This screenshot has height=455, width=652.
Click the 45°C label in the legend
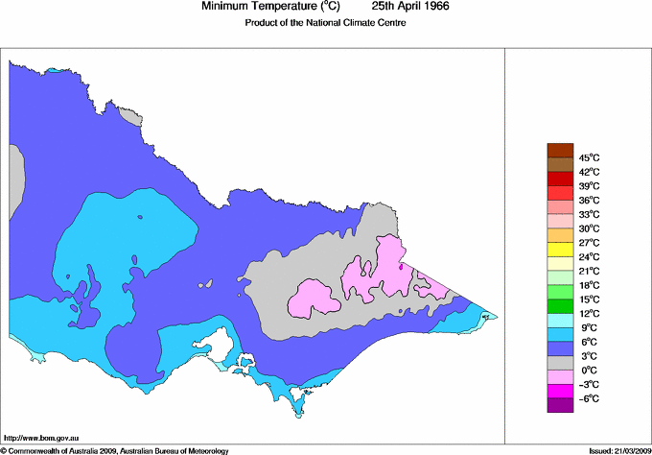coord(589,157)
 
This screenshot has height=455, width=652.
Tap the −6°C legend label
coord(589,398)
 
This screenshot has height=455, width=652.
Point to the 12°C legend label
coord(589,313)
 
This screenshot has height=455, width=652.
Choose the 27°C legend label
coord(589,243)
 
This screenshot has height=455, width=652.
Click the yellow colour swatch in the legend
coord(559,250)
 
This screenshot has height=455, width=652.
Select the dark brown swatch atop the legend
coord(559,150)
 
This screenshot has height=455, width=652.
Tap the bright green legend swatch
coord(559,292)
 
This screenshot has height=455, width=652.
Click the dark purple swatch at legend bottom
coord(559,405)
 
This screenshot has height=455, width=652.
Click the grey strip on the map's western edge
coord(14,182)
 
